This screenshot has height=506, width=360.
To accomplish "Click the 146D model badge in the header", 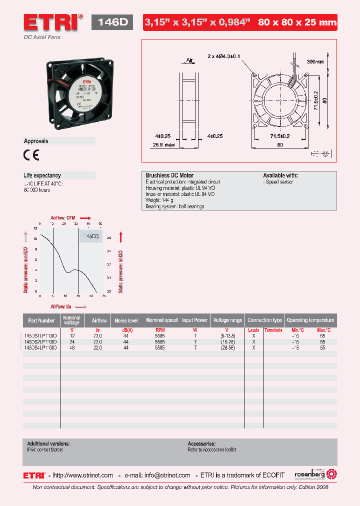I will [112, 22].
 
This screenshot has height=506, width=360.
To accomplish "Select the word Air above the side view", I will [189, 60].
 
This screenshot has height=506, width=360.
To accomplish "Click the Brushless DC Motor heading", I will [169, 175].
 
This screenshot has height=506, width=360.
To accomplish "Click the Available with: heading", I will [280, 175].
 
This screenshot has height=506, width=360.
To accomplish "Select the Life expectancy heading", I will [42, 175].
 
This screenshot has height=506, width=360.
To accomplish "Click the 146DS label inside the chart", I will [91, 236].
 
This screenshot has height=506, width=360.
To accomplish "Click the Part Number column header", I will [41, 320].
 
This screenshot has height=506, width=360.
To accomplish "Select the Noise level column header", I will [126, 320].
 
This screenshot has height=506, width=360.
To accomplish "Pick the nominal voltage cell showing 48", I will [72, 347].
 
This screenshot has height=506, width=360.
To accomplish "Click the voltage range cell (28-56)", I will [226, 347].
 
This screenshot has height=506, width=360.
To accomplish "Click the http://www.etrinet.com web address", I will [83, 475].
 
